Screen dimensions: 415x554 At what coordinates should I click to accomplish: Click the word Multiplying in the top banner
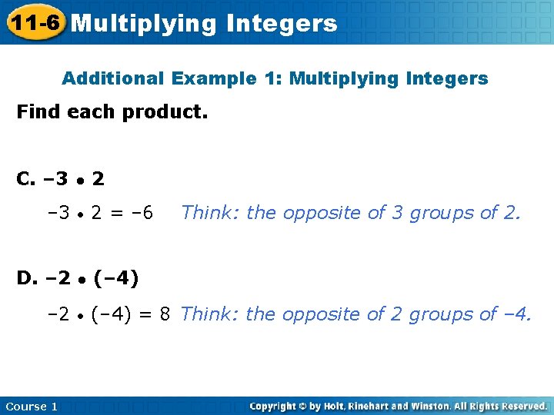(x=144, y=24)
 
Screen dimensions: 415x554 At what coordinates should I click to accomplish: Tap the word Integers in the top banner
(x=282, y=24)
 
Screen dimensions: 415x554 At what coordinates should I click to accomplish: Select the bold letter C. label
(x=25, y=179)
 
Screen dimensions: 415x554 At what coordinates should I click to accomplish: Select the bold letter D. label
(x=26, y=277)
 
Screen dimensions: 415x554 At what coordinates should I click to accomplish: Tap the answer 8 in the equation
(x=165, y=314)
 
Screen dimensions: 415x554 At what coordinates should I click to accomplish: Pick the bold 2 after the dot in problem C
(x=98, y=179)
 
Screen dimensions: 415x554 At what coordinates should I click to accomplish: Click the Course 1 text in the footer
(x=32, y=406)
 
